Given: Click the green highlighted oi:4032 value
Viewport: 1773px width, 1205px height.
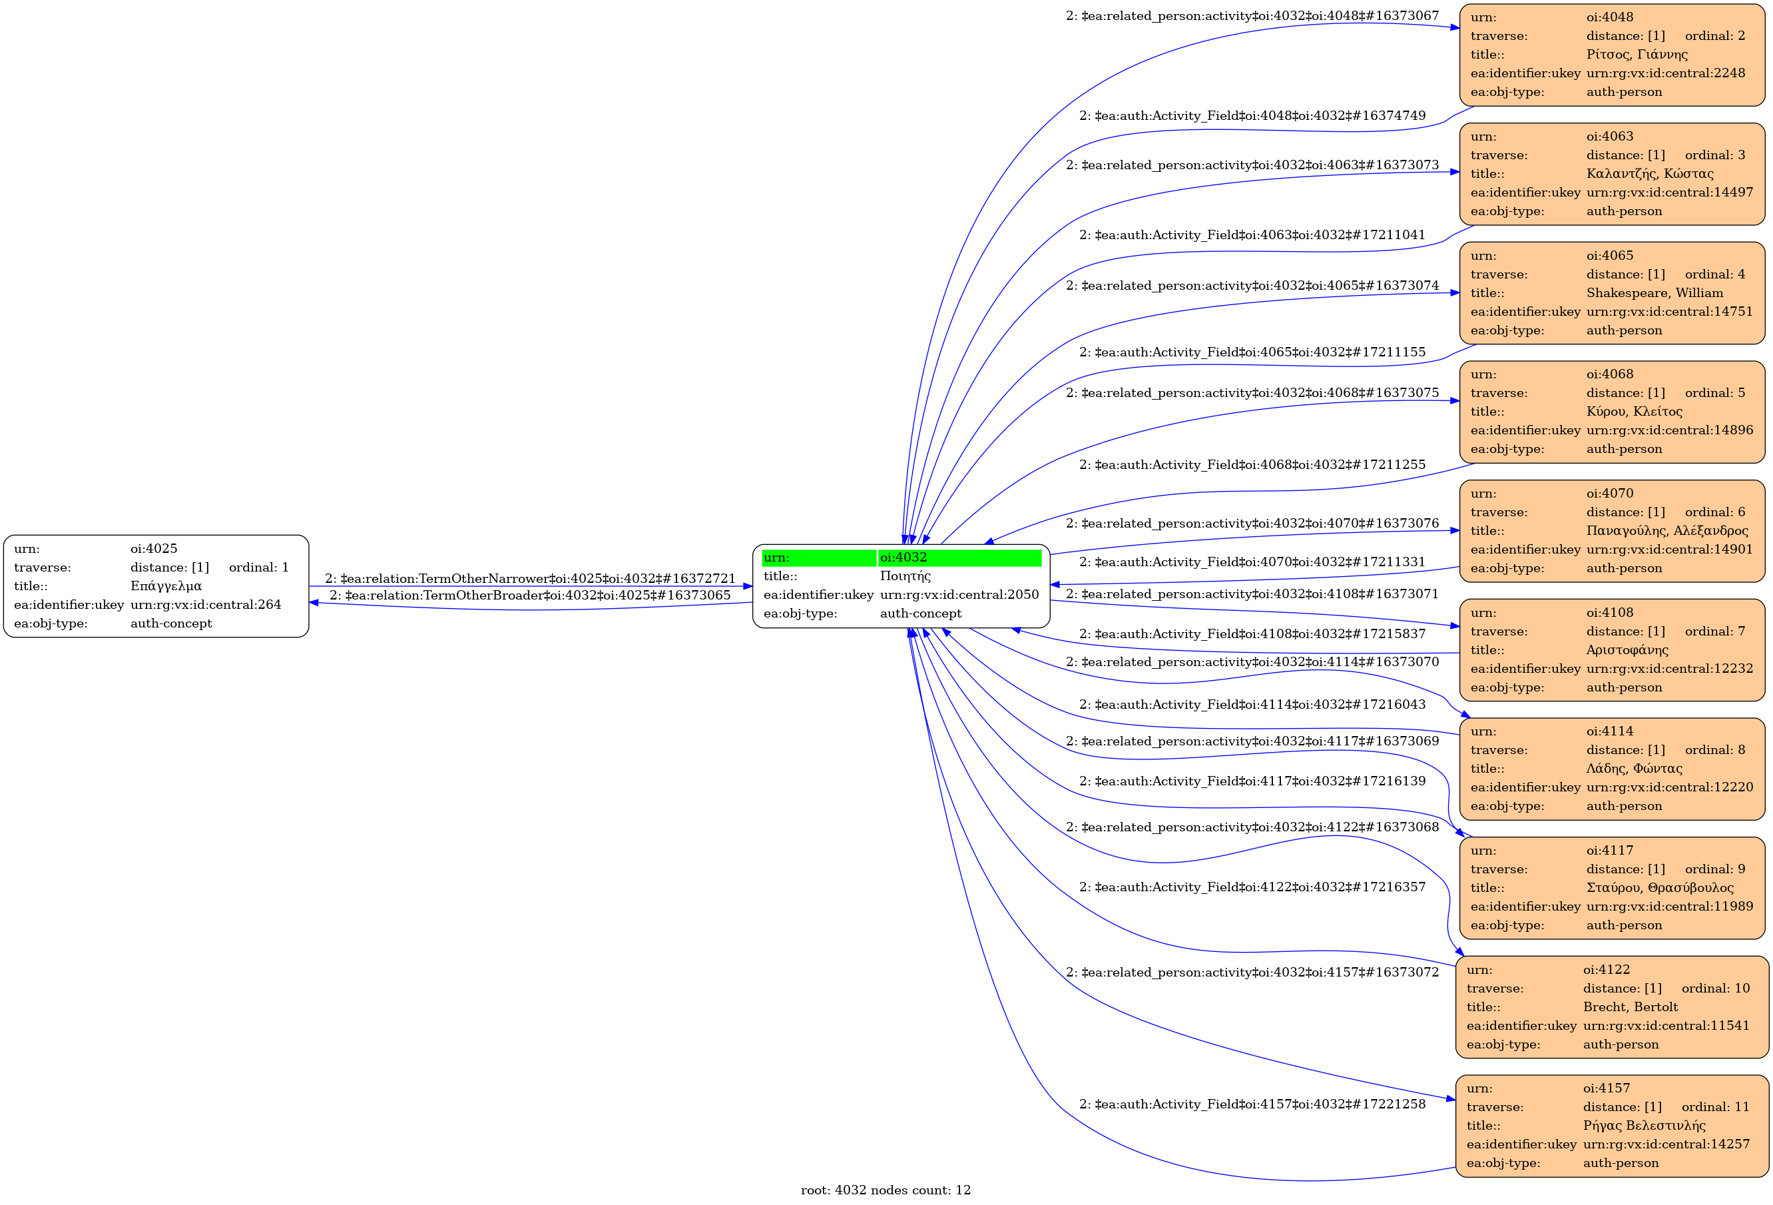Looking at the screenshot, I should [x=903, y=557].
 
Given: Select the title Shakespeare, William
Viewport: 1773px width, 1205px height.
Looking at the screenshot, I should [x=1654, y=293].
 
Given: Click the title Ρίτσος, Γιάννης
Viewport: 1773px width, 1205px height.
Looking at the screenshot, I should [x=1637, y=54].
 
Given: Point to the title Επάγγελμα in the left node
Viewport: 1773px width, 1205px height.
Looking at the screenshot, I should [x=166, y=586].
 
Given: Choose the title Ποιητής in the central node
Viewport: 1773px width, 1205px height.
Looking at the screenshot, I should [x=905, y=576].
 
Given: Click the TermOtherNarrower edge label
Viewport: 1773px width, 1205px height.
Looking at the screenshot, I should [x=530, y=578].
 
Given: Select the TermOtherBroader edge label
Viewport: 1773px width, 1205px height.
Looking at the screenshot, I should [x=530, y=596].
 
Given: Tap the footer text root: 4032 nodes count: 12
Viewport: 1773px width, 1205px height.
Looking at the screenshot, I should [x=886, y=1190].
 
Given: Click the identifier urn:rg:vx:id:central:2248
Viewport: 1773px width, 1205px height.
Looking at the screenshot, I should [x=1665, y=73].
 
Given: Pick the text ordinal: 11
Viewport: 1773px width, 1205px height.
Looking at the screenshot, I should [x=1715, y=1106].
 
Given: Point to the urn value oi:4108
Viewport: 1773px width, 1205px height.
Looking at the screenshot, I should [x=1610, y=612].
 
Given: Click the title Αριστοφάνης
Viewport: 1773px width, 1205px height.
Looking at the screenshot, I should [x=1627, y=650].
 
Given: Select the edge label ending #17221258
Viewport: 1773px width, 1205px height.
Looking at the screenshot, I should [x=1252, y=1104].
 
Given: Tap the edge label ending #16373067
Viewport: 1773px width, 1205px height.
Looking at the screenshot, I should [x=1252, y=16].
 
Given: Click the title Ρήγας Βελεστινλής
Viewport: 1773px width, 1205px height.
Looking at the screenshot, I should [x=1644, y=1126].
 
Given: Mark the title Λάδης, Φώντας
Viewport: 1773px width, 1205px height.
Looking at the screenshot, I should [x=1634, y=769].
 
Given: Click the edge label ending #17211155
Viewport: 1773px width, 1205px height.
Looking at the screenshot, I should [x=1252, y=352].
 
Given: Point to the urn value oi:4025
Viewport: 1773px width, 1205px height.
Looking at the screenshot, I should [x=153, y=549].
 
